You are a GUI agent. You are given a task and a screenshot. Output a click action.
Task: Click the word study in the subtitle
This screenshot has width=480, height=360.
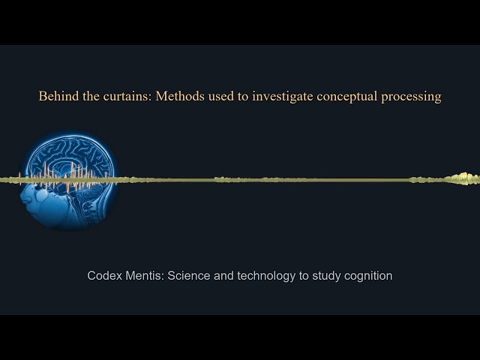[327, 276]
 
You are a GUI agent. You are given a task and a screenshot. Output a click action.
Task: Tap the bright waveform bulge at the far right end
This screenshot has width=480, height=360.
[462, 178]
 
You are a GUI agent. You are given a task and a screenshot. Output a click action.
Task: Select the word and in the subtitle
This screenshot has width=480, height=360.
[225, 276]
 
